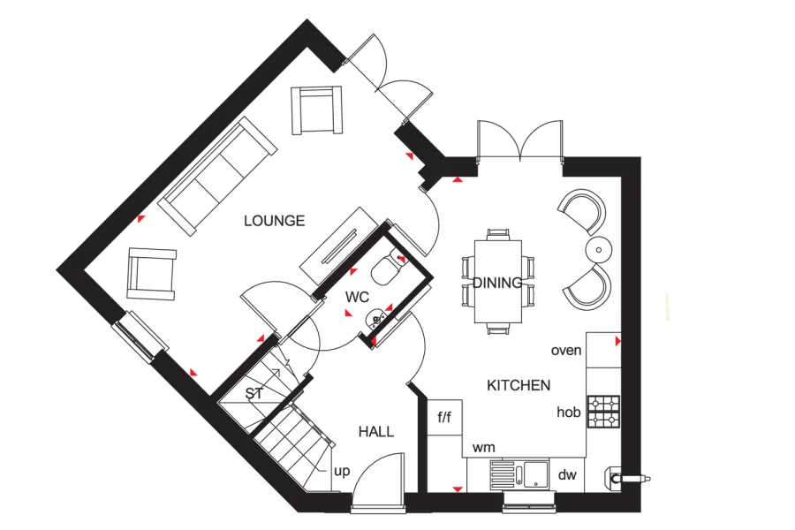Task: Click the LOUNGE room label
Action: pyautogui.click(x=274, y=221)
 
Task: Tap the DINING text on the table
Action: pyautogui.click(x=498, y=283)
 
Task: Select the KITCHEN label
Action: pyautogui.click(x=519, y=385)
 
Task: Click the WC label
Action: pyautogui.click(x=357, y=297)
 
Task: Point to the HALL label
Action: pyautogui.click(x=376, y=432)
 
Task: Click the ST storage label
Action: pyautogui.click(x=254, y=393)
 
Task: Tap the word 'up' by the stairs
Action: pyautogui.click(x=342, y=471)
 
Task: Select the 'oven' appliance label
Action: pyautogui.click(x=566, y=351)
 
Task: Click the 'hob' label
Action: pyautogui.click(x=568, y=413)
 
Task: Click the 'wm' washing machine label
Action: pyautogui.click(x=483, y=448)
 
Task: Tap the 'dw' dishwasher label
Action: pyautogui.click(x=567, y=474)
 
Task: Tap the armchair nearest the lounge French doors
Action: pyautogui.click(x=316, y=110)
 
